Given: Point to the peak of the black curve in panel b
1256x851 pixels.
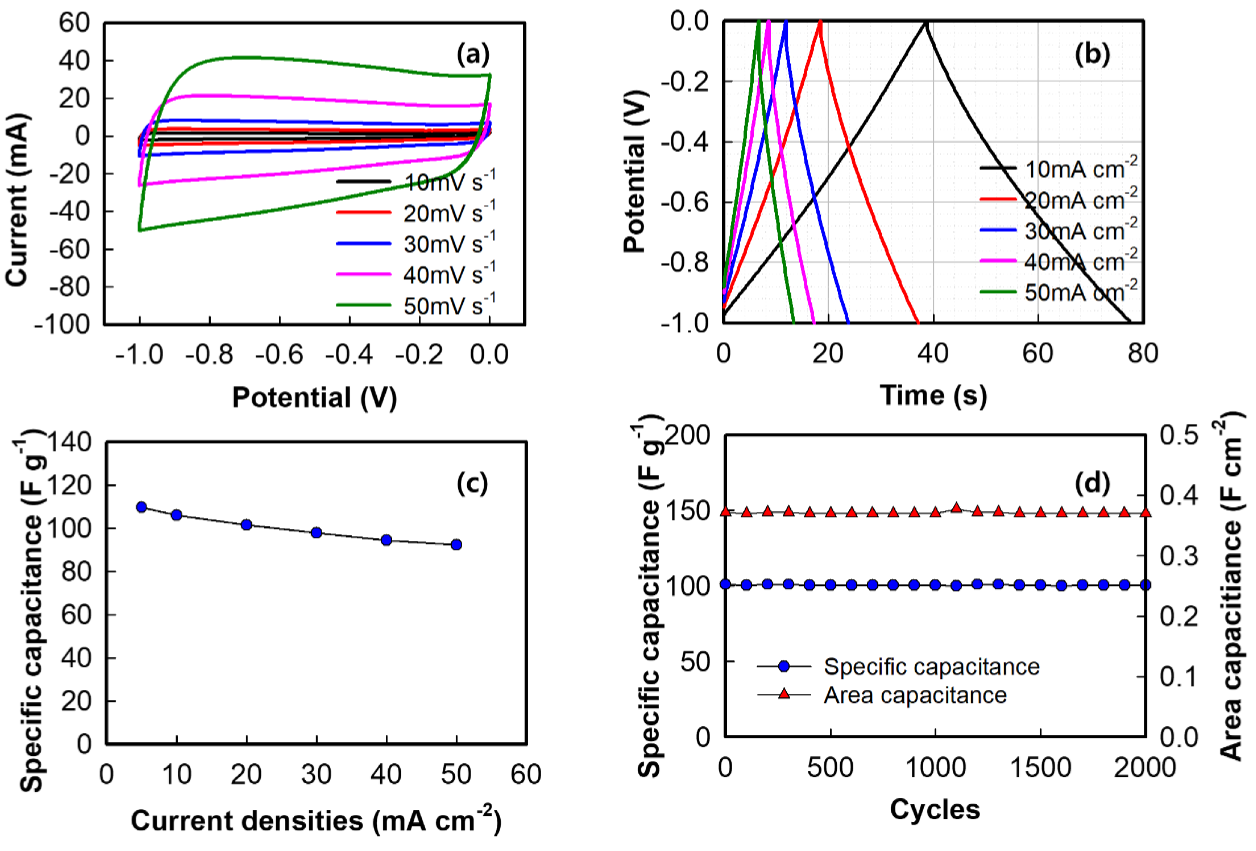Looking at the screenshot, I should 926,23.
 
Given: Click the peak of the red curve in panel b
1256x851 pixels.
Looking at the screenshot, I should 820,23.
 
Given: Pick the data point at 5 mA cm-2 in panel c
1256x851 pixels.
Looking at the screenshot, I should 142,507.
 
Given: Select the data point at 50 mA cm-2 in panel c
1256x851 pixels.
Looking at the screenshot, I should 456,544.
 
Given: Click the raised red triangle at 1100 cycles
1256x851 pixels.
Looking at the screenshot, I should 957,508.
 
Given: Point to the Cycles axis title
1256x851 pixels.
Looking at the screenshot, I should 935,809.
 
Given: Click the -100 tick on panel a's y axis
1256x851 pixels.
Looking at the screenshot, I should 62,324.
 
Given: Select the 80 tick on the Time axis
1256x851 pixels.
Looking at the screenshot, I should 1143,354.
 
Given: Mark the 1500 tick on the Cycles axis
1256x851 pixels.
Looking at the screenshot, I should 1040,768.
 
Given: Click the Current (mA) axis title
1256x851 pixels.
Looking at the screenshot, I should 17,200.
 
